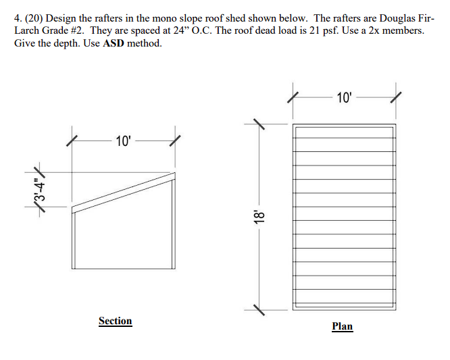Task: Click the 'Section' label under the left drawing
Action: point(115,321)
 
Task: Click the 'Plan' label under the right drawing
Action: point(342,326)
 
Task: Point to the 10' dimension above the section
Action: point(124,141)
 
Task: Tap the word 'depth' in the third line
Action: point(70,43)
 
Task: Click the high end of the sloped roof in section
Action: point(174,175)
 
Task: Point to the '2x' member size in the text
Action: point(378,31)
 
